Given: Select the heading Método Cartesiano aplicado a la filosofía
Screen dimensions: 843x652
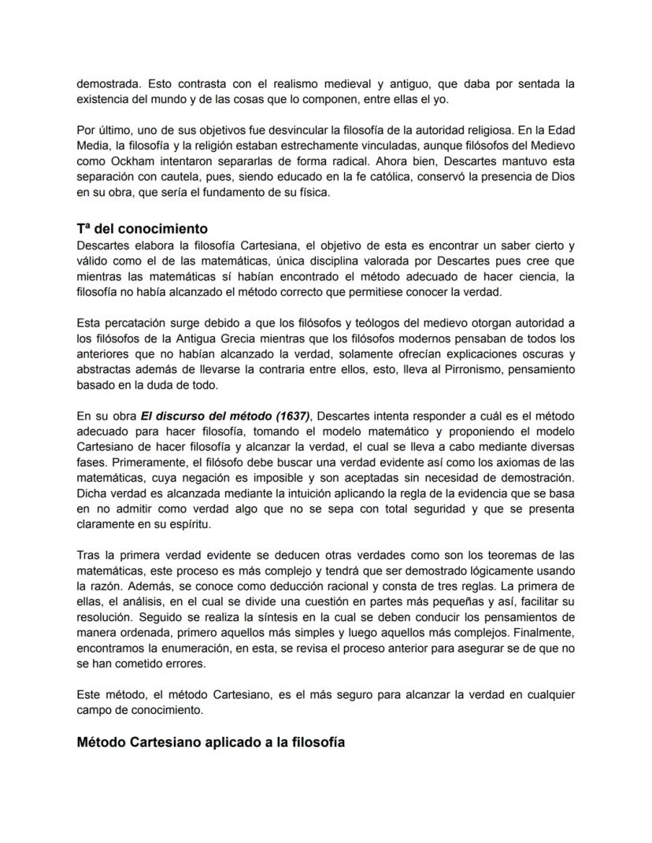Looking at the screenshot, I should (210, 742).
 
